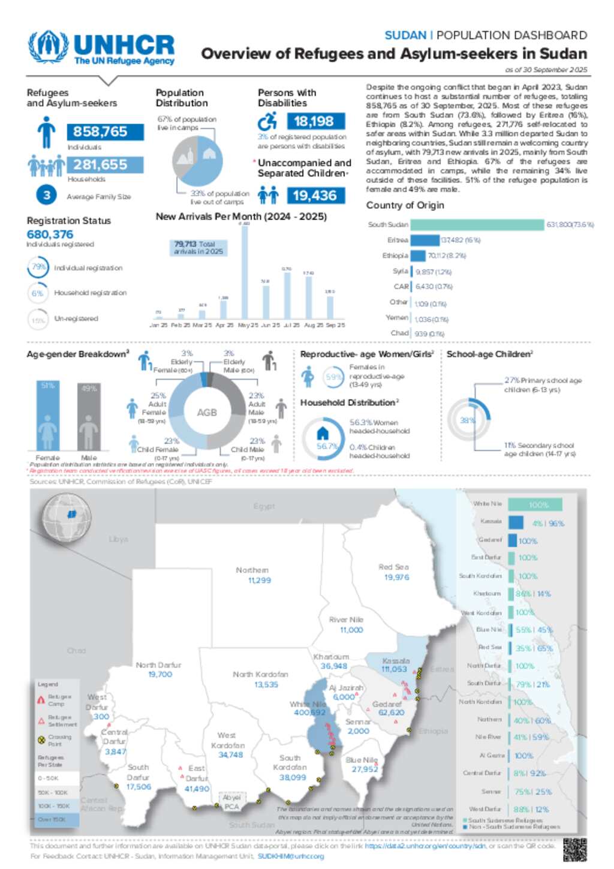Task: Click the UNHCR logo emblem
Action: point(48,46)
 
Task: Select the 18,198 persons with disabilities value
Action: point(314,121)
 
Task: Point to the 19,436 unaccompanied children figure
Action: point(315,196)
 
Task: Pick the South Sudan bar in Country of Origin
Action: point(477,225)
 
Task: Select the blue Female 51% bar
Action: point(47,415)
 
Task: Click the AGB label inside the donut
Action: point(207,413)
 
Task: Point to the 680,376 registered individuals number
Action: point(50,234)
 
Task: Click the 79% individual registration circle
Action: point(38,267)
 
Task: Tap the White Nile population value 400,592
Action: point(309,712)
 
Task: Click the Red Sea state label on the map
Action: point(393,567)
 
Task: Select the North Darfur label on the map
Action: point(158,665)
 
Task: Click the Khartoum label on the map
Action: point(331,657)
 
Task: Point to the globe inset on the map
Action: point(67,515)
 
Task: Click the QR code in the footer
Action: point(574,850)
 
